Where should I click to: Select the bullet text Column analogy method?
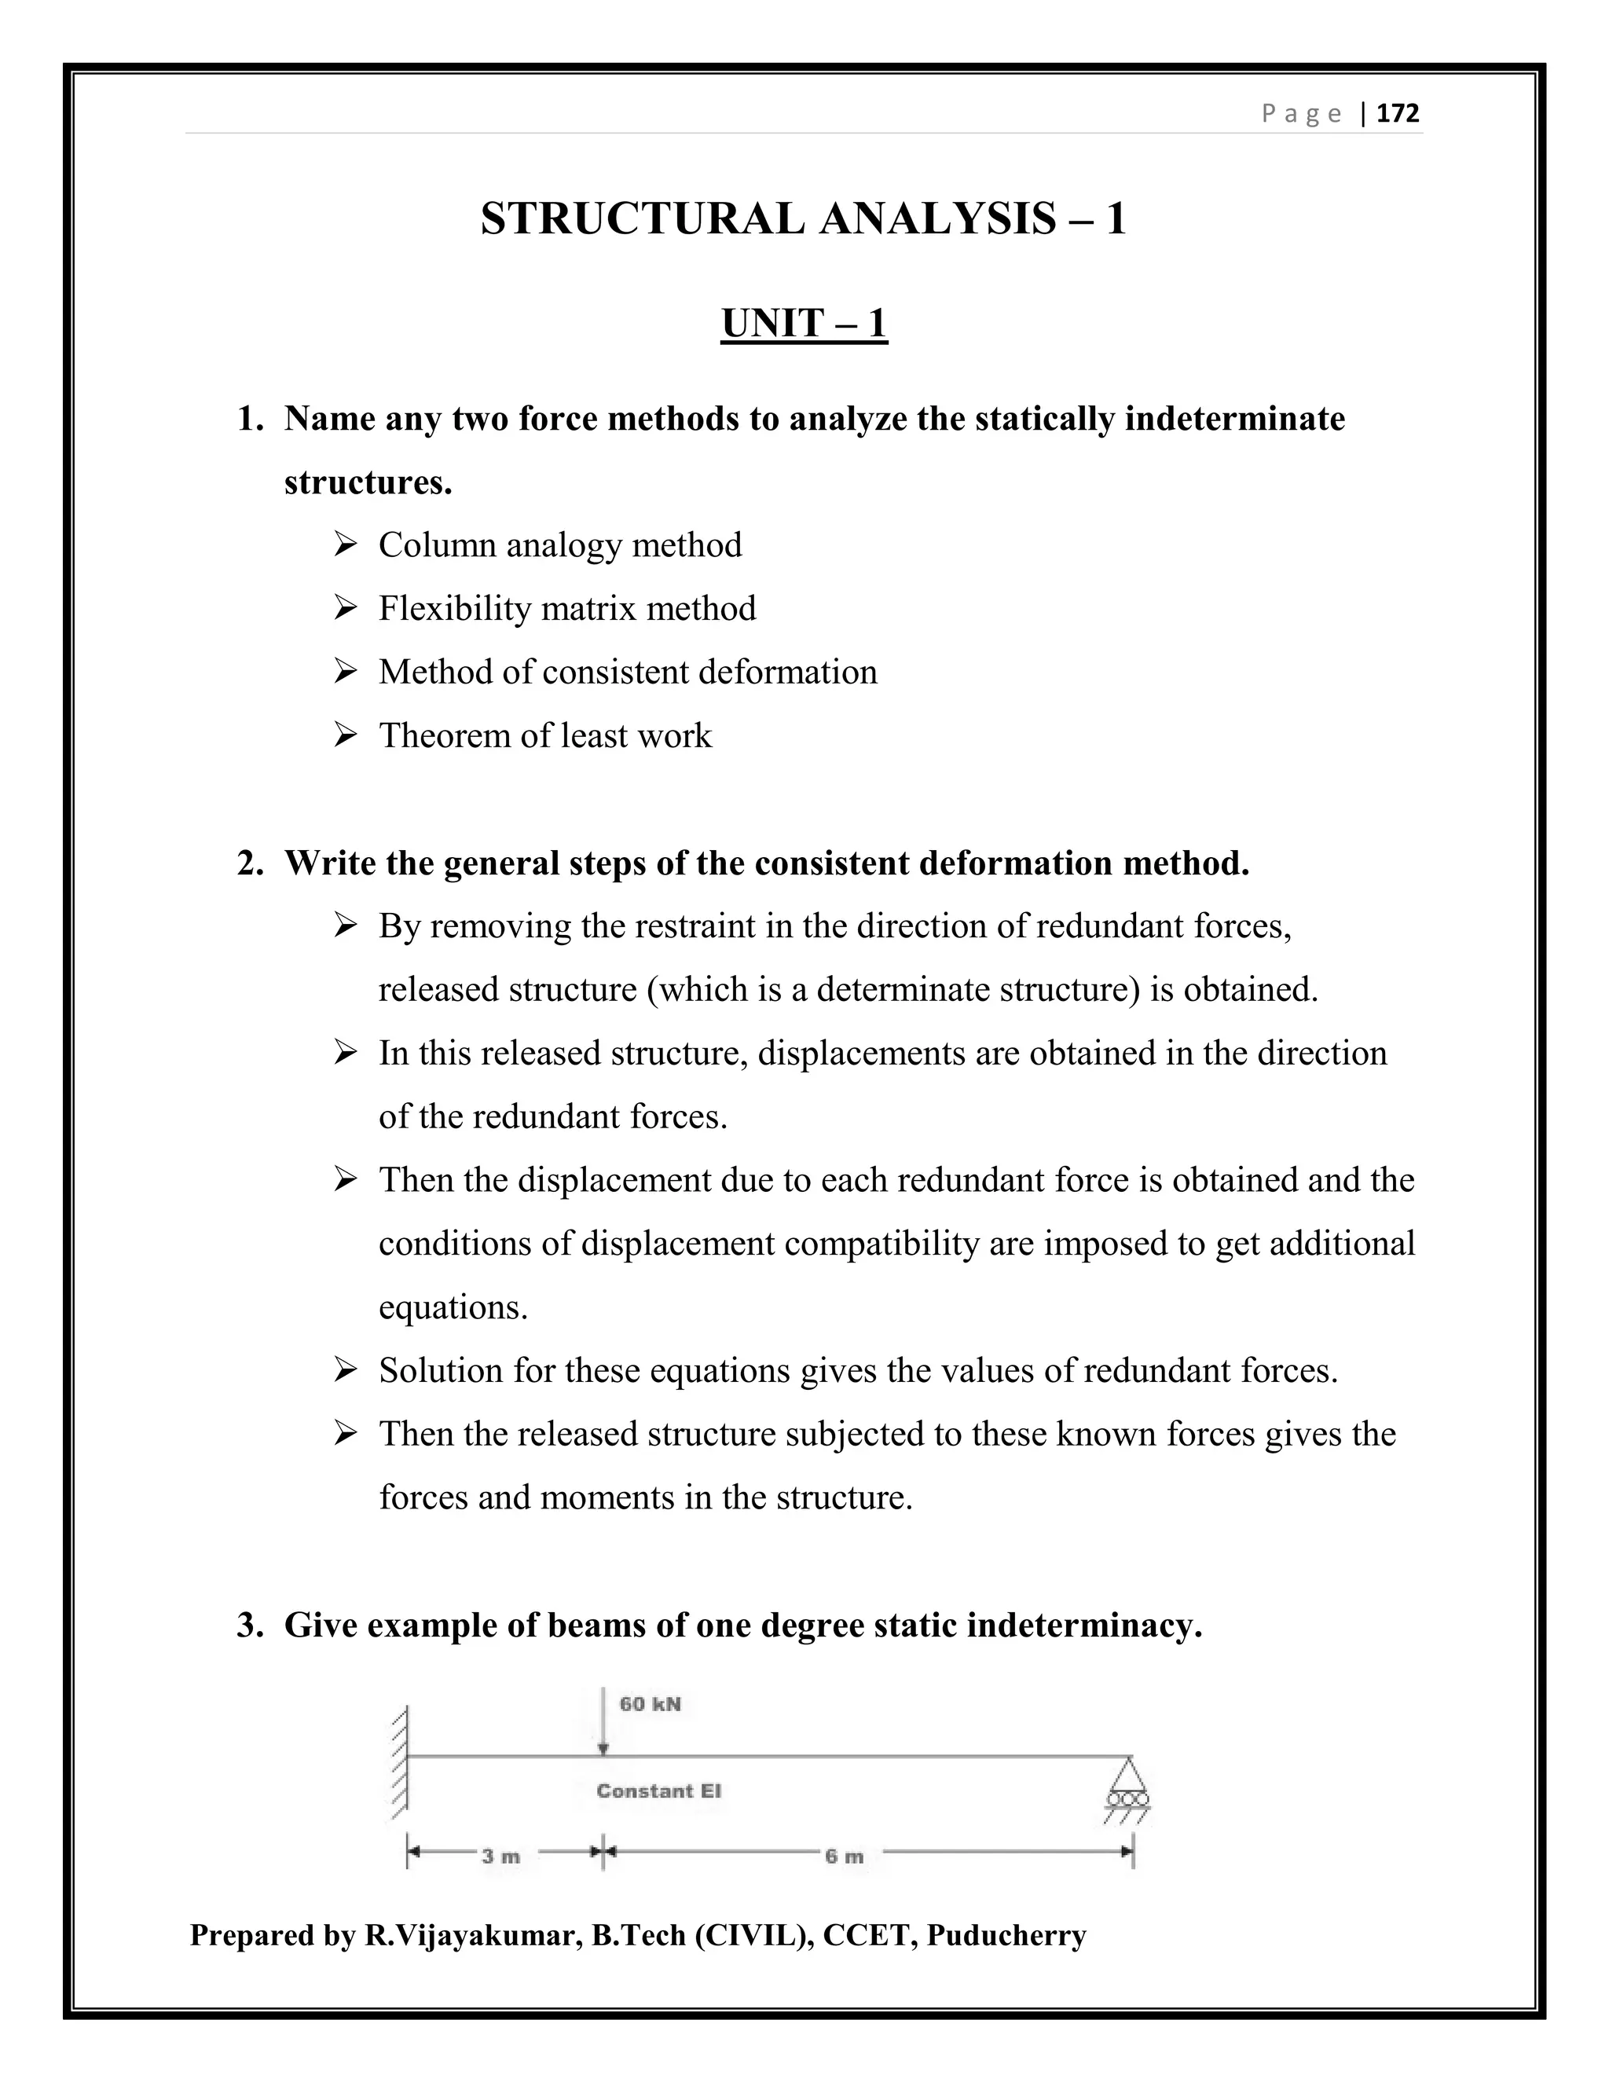coord(559,545)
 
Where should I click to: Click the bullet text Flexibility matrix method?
coord(567,608)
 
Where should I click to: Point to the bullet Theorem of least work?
coord(545,735)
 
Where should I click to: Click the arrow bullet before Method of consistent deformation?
coord(345,672)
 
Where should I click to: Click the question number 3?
coord(250,1626)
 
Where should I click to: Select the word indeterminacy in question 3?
coord(1083,1626)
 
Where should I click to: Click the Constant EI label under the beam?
coord(658,1791)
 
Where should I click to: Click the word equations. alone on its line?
coord(453,1307)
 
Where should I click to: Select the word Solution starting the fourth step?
coord(442,1371)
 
